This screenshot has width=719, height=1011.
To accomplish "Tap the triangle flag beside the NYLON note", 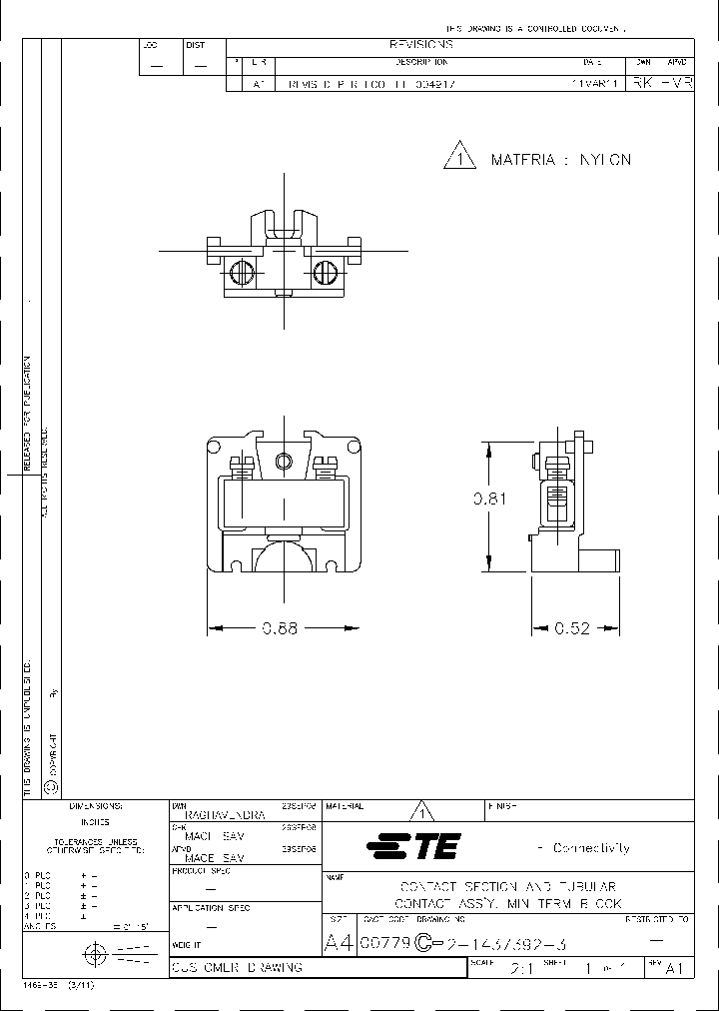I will tap(458, 158).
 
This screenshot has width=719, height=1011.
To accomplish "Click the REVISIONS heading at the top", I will tap(420, 45).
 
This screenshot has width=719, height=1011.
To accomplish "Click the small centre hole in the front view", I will tap(286, 460).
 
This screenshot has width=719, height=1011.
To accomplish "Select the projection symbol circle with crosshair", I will tap(96, 953).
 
